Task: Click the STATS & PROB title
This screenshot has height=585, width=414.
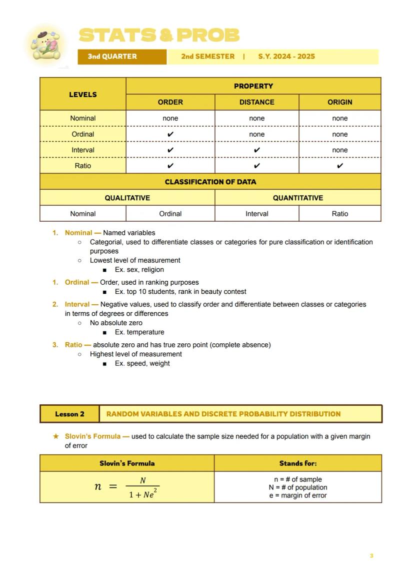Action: [159, 36]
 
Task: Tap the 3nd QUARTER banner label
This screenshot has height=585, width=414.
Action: [112, 57]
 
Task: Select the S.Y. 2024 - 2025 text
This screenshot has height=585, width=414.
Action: [286, 57]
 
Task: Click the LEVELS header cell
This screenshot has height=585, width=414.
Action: [83, 94]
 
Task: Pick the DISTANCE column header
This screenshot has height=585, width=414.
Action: [256, 102]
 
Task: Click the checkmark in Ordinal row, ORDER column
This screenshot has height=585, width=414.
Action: [170, 134]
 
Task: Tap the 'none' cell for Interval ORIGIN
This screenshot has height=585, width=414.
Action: [339, 150]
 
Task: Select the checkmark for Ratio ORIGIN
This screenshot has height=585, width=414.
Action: [339, 166]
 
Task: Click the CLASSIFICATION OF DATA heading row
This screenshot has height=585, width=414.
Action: [210, 182]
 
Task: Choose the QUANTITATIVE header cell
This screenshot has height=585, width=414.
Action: [298, 198]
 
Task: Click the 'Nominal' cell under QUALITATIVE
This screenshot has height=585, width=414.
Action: [83, 214]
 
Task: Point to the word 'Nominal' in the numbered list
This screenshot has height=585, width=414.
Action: [78, 233]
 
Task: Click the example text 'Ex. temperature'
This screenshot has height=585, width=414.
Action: [139, 332]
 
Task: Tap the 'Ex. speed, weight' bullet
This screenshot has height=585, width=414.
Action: [142, 364]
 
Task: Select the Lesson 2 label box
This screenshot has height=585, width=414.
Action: [70, 414]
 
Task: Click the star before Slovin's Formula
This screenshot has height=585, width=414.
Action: [56, 436]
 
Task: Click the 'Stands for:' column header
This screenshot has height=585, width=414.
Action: [298, 463]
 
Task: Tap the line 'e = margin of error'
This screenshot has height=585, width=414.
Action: [298, 496]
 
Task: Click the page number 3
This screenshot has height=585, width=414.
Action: [371, 556]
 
